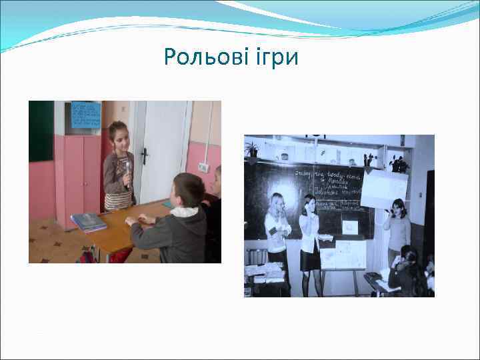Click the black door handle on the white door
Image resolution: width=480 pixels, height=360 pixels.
[x=144, y=156]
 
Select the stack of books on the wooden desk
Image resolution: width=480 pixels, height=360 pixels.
[x=89, y=221]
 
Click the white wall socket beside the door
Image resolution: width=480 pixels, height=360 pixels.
[x=203, y=167]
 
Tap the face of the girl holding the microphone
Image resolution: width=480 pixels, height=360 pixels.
[x=120, y=137]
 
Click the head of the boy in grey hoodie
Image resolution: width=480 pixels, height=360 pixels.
[x=189, y=189]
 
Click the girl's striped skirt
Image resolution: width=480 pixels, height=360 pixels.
[x=118, y=201]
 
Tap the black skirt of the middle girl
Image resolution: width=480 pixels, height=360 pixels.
[x=309, y=259]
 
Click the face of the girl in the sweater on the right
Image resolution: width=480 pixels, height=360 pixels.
[x=398, y=208]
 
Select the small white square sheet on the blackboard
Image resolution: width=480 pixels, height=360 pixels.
[x=349, y=227]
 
